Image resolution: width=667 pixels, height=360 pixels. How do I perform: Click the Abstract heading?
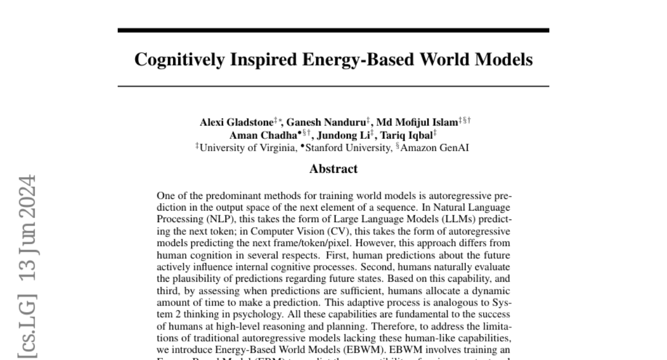coord(333,169)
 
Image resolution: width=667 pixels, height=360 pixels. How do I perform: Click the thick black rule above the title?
coord(333,31)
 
